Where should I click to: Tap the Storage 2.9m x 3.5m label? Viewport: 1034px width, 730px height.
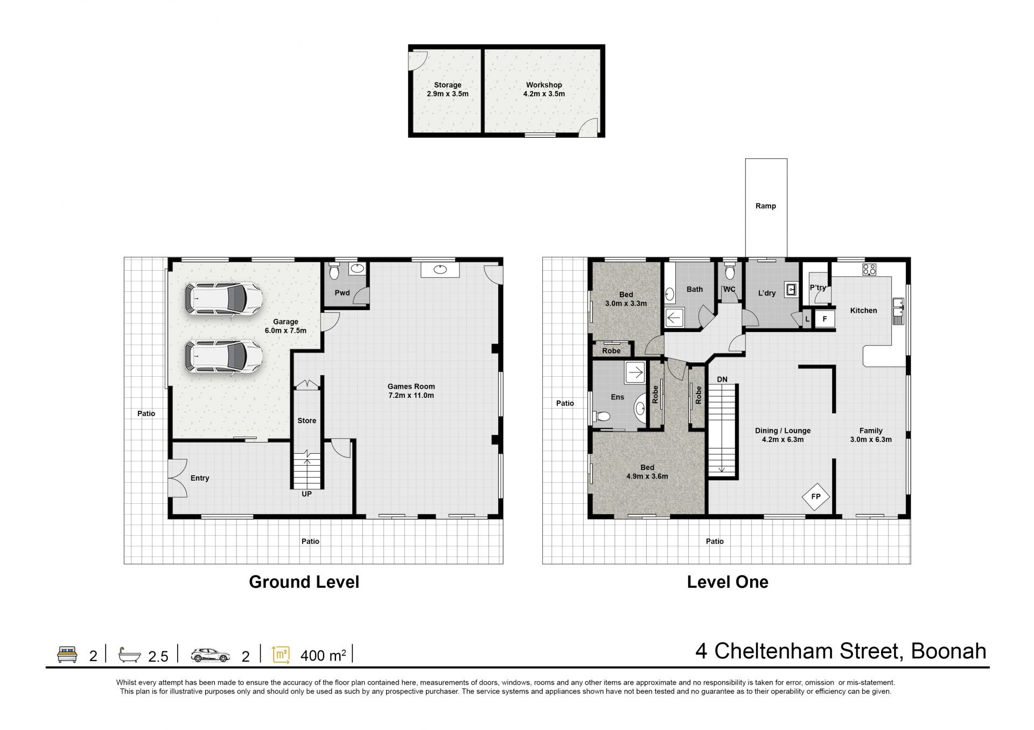pyautogui.click(x=448, y=89)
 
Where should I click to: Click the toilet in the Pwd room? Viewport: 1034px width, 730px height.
pyautogui.click(x=334, y=271)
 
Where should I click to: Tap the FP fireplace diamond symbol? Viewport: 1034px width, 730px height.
pyautogui.click(x=816, y=496)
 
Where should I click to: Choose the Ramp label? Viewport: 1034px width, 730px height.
pyautogui.click(x=766, y=206)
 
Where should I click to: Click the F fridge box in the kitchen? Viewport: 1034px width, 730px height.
pyautogui.click(x=825, y=319)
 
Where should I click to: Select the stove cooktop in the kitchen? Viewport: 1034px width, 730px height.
pyautogui.click(x=870, y=269)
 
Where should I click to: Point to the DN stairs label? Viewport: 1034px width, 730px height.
pyautogui.click(x=722, y=380)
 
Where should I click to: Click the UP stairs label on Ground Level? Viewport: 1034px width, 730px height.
pyautogui.click(x=306, y=494)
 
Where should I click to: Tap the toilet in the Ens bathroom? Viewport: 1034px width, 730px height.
pyautogui.click(x=602, y=416)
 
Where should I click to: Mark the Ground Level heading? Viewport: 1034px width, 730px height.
pyautogui.click(x=304, y=582)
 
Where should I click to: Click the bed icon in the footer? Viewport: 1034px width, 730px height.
pyautogui.click(x=67, y=655)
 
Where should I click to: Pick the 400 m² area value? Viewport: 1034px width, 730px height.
pyautogui.click(x=323, y=656)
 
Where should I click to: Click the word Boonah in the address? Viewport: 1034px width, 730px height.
pyautogui.click(x=948, y=651)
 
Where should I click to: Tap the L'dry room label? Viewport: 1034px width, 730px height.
pyautogui.click(x=767, y=293)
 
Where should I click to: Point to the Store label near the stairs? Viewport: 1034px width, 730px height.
pyautogui.click(x=307, y=420)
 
